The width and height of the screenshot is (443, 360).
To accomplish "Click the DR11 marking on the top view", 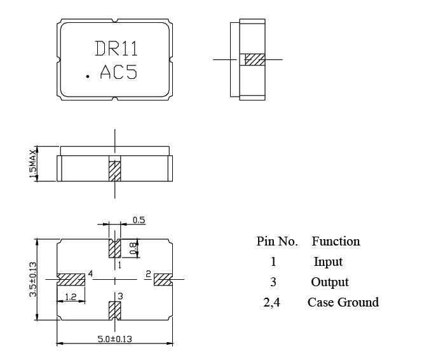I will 116,49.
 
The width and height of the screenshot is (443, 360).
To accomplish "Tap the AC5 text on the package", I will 119,73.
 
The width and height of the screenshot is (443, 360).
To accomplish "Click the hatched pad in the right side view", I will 254,59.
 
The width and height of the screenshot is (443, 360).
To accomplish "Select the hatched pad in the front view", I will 114,170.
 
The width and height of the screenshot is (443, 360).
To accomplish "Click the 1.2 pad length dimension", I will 71,298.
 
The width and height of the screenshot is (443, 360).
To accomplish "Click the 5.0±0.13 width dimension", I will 114,339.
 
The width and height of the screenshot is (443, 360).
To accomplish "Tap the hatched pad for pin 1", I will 114,246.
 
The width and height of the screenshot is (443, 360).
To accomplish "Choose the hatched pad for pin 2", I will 162,279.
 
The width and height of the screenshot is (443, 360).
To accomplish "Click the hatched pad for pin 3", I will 114,311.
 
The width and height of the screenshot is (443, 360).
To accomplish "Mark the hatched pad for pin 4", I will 71,279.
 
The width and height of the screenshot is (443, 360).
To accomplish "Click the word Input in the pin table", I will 328,261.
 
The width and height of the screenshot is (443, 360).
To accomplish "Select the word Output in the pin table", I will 330,282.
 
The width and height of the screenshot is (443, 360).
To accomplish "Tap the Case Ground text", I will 343,302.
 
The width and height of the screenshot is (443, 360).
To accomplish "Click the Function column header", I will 336,241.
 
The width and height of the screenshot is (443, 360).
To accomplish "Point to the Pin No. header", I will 277,241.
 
